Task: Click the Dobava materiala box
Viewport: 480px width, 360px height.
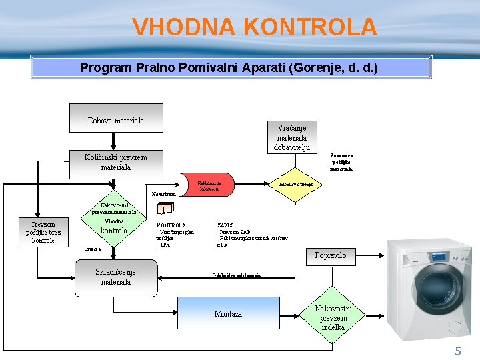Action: (116, 118)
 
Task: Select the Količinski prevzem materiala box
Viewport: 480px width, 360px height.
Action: (115, 162)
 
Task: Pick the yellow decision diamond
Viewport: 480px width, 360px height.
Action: (299, 183)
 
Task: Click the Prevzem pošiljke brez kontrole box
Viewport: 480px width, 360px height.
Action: (43, 232)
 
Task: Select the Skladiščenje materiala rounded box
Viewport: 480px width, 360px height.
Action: (115, 276)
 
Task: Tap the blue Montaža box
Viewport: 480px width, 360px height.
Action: (228, 313)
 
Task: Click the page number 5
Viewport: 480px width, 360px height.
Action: (457, 351)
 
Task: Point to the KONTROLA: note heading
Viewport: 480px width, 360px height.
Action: (171, 226)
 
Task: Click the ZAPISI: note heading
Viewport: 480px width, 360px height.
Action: (226, 226)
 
